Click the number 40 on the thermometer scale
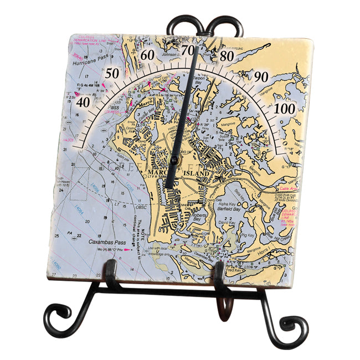point(83,102)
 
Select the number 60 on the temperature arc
point(147,55)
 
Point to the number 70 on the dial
point(188,50)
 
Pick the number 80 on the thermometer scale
point(226,56)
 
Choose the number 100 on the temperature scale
point(285,109)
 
